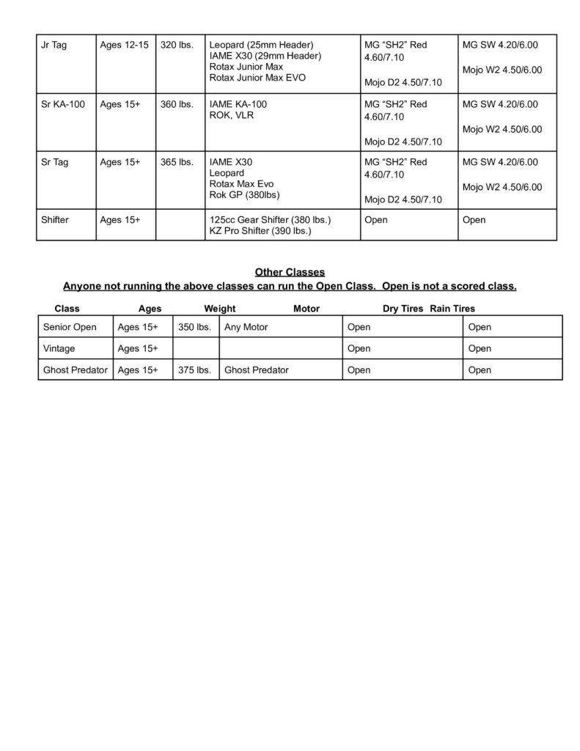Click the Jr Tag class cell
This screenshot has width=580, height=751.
pos(54,45)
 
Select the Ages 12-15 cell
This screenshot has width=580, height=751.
pos(124,45)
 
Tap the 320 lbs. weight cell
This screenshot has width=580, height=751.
pos(177,45)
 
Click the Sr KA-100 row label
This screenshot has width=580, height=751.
pos(64,104)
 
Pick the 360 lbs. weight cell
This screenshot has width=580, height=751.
pos(177,104)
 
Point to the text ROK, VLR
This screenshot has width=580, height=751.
pos(232,115)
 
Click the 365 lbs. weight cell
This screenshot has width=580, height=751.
pos(177,162)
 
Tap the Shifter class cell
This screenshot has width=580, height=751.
pos(56,220)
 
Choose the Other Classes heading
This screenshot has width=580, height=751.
pos(290,272)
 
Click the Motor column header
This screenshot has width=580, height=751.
pos(306,309)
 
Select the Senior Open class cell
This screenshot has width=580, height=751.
pos(70,327)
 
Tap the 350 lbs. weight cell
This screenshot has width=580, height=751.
pos(194,327)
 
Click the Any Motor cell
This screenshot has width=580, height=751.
pos(246,327)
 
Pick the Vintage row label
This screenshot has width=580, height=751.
pos(59,348)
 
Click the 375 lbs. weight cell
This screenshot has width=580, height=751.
pos(194,370)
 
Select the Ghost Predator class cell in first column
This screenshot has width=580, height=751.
pos(76,370)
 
